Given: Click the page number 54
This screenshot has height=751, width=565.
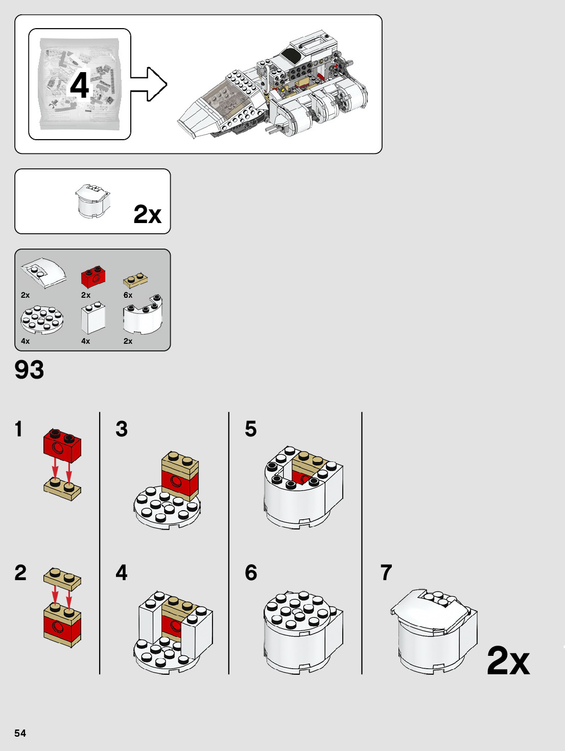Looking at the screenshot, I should click(20, 733).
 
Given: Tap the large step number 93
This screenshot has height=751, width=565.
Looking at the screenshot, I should click(29, 370).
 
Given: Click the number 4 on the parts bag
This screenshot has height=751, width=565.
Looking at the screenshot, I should click(80, 85).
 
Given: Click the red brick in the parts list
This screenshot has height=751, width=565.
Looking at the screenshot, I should click(93, 277).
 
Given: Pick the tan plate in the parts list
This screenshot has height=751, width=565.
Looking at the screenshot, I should click(135, 280).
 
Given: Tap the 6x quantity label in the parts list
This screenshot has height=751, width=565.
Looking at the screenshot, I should click(128, 295).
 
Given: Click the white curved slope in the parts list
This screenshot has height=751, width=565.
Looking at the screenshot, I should click(44, 273).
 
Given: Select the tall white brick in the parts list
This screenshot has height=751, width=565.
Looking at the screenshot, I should click(93, 318).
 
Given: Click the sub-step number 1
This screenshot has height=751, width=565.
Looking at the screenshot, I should click(19, 429).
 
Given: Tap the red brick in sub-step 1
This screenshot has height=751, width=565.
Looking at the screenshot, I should click(62, 443).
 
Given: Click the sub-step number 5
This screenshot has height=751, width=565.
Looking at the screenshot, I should click(250, 429).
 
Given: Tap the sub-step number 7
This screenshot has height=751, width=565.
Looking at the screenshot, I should click(386, 572).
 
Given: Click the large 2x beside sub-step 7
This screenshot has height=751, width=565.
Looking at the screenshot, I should click(508, 660).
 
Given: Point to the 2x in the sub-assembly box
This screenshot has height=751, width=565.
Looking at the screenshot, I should click(147, 214).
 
